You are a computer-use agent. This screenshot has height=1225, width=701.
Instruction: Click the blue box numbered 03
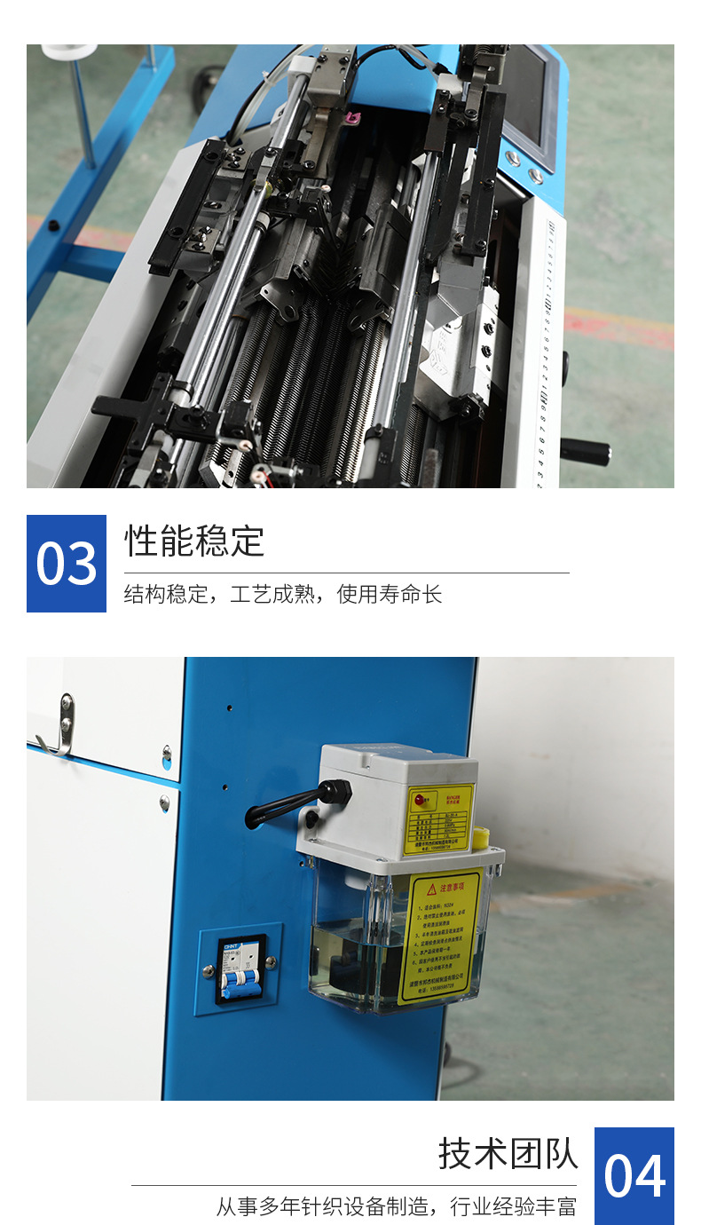[x=67, y=564]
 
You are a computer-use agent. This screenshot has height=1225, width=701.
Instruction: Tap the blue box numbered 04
[x=634, y=1175]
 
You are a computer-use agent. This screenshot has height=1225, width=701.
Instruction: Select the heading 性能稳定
[x=194, y=541]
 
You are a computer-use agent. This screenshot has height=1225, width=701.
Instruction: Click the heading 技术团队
[x=508, y=1153]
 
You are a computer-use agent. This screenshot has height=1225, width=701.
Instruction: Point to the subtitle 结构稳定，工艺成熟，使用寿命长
[x=282, y=594]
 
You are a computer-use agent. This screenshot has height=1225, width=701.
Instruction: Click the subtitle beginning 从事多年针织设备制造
[x=396, y=1206]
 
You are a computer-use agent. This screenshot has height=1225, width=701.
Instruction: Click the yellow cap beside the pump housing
[x=482, y=837]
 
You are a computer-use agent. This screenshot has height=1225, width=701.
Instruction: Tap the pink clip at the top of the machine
[x=353, y=117]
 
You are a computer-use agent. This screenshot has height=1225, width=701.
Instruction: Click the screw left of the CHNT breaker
[x=209, y=970]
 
